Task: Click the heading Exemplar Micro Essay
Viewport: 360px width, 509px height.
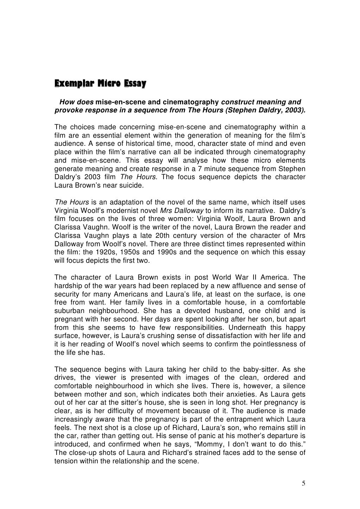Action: (x=100, y=84)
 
